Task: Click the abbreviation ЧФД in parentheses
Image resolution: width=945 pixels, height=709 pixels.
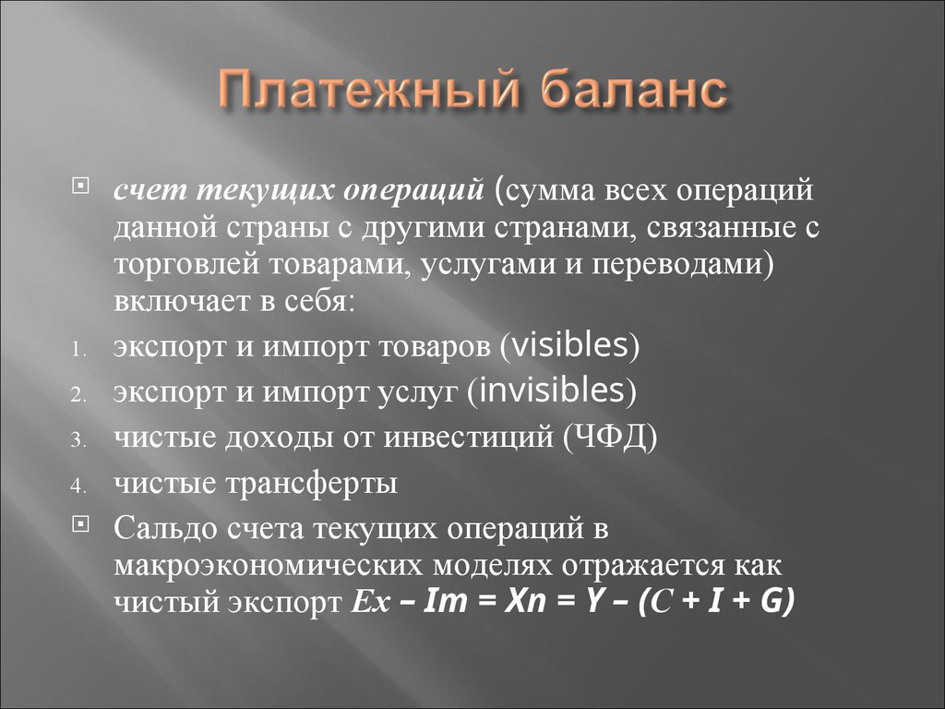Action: tap(607, 436)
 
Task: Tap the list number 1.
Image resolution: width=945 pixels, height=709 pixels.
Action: tap(78, 350)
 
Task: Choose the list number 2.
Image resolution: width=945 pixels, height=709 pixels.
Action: tap(78, 395)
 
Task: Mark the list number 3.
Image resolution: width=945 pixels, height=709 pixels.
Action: tap(78, 440)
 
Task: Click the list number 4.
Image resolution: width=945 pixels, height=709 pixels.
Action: tap(78, 487)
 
